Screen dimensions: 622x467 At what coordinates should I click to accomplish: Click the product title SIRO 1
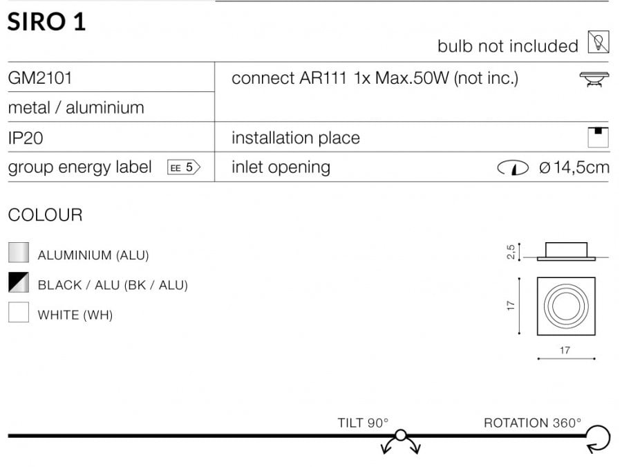coord(46,21)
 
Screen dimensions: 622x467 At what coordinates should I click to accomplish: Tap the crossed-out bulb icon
coord(599,42)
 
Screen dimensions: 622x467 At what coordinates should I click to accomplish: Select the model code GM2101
coord(40,77)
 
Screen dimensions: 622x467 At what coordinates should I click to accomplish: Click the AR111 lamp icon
coord(594,79)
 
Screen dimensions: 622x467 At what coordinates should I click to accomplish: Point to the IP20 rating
coord(26,138)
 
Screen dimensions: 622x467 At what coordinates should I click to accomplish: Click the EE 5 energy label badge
coord(184,167)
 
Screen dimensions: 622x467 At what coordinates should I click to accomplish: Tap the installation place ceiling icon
coord(598,137)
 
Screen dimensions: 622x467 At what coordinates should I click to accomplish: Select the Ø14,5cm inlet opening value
coord(574,167)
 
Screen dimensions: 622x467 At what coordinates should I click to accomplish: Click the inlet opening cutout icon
coord(513,168)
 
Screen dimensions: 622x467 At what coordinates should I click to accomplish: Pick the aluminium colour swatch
coord(19,253)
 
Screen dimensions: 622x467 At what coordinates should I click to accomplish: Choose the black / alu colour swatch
coord(19,282)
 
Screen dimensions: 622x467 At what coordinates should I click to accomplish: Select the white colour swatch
coord(19,312)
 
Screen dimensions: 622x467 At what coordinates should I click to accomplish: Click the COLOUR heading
coord(45,215)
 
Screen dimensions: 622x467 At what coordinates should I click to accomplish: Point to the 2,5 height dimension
coord(511,252)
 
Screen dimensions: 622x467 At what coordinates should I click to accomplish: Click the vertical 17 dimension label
coord(511,306)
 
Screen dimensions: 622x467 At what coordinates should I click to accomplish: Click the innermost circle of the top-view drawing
coord(566,306)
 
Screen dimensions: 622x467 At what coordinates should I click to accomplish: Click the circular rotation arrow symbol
coord(599,439)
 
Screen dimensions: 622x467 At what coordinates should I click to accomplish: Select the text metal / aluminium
coord(76,108)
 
